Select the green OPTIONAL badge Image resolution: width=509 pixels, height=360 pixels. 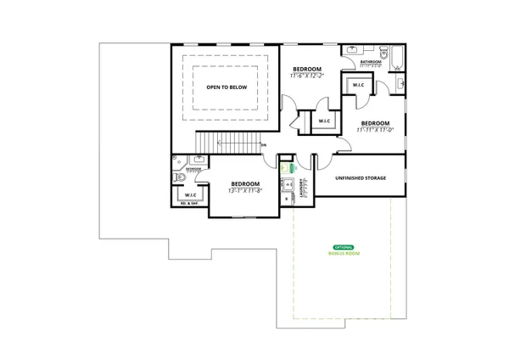click(x=344, y=246)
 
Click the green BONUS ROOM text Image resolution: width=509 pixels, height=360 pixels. click(x=344, y=253)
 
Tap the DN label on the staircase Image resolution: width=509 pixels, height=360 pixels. click(x=264, y=146)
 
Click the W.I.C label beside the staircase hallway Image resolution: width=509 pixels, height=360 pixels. click(x=325, y=121)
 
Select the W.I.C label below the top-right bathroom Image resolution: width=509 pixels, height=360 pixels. click(x=356, y=84)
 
